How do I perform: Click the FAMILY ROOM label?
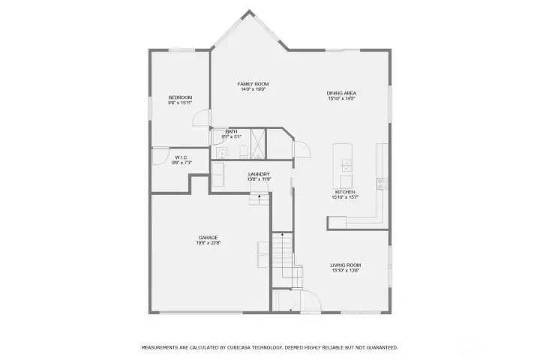pyautogui.click(x=253, y=84)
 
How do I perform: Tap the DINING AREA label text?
pyautogui.click(x=340, y=93)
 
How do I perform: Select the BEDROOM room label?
pyautogui.click(x=180, y=97)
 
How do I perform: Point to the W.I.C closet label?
pyautogui.click(x=181, y=157)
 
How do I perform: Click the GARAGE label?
pyautogui.click(x=208, y=238)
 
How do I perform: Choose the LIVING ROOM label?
pyautogui.click(x=346, y=265)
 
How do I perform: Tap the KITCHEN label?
pyautogui.click(x=345, y=192)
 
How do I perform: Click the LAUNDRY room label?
pyautogui.click(x=259, y=175)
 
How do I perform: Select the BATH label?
pyautogui.click(x=232, y=132)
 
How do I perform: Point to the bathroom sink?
pyautogui.click(x=223, y=152)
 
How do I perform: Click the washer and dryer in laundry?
pyautogui.click(x=218, y=175)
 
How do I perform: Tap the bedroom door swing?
pyautogui.click(x=201, y=118)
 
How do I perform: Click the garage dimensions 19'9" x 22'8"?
pyautogui.click(x=208, y=243)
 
